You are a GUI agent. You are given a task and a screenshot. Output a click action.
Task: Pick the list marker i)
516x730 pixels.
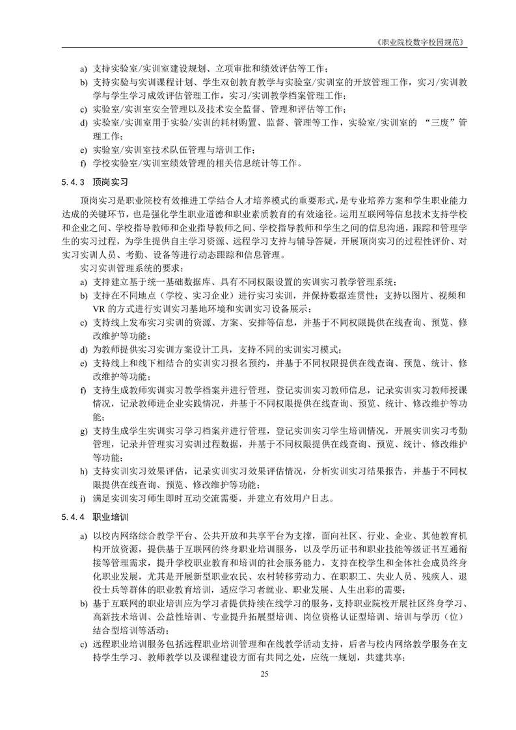(82, 500)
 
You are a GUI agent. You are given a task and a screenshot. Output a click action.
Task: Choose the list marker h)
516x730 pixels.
(83, 470)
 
